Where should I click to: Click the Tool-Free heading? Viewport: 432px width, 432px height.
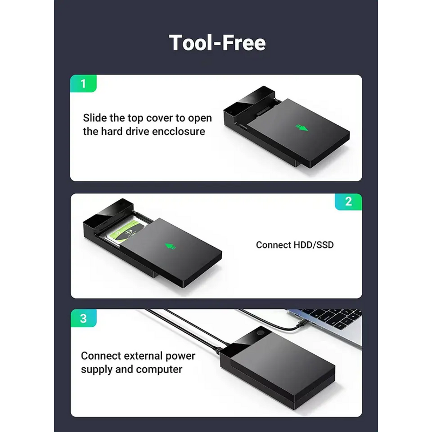(x=217, y=43)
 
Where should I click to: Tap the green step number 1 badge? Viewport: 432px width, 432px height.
(x=83, y=84)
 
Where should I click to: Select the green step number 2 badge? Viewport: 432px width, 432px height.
(x=348, y=201)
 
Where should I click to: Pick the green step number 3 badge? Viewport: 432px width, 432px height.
(x=83, y=318)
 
